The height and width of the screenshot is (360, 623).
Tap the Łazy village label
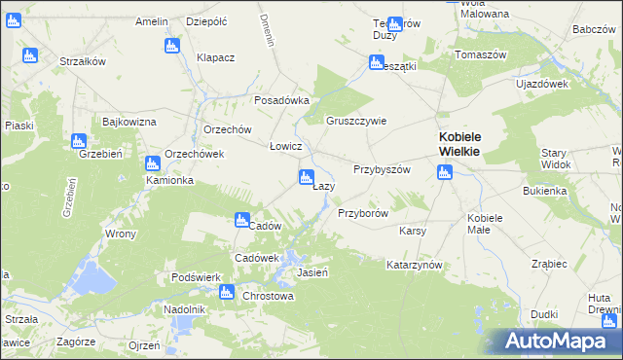point(324,186)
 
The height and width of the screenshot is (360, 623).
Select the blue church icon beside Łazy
point(306,177)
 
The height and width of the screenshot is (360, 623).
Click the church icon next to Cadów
point(240,221)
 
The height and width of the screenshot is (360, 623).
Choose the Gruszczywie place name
point(356,122)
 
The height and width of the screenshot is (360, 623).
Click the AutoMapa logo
point(560,341)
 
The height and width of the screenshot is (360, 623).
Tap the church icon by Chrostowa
point(227,291)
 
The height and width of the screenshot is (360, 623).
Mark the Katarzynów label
point(415,265)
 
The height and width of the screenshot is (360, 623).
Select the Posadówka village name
point(281,100)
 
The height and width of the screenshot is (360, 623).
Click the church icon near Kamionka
point(152,165)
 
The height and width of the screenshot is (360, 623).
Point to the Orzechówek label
point(195,154)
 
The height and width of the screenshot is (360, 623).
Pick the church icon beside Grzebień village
point(79,142)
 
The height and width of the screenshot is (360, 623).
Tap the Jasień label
point(311,272)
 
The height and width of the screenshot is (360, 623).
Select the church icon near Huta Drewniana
point(609,321)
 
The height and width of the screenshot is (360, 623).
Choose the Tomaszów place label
point(481,54)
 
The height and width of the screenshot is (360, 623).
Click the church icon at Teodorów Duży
point(394,24)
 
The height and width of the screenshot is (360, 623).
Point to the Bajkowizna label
point(129,122)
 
